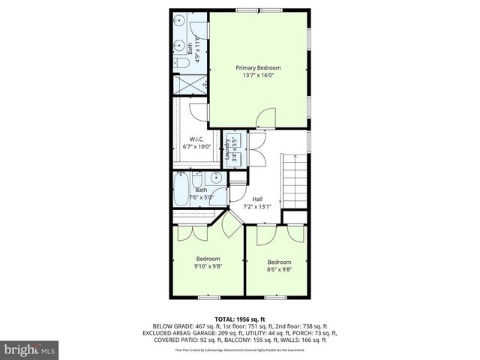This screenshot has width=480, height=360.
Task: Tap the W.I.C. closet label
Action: coord(196,139)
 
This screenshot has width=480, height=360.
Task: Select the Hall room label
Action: coord(257,199)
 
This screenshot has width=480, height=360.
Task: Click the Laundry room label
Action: coord(228,148)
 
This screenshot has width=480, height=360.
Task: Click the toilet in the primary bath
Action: coord(182,65)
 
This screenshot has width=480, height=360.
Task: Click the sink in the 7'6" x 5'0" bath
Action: coord(214,178)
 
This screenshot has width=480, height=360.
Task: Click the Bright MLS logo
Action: coord(30,349)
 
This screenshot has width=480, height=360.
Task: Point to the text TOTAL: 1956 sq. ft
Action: coord(240,319)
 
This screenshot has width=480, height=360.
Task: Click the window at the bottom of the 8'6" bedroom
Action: coord(275,298)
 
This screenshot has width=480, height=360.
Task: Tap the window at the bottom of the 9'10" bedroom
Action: coord(208,298)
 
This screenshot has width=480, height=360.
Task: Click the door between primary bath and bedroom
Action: coord(198,112)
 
